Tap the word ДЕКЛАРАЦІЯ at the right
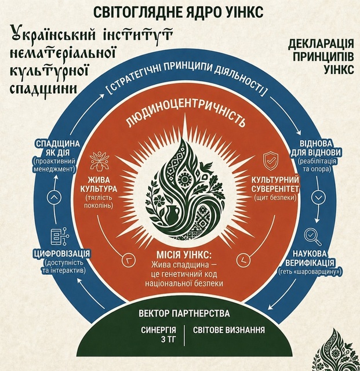(321, 44)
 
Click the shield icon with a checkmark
(270, 161)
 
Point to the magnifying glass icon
(312, 237)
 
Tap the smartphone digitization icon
(59, 236)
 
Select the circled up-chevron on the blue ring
(54, 197)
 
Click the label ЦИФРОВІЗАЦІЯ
(62, 254)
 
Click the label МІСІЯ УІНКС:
(184, 255)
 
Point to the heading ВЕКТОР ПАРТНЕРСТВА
(184, 313)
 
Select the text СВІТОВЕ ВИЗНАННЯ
(228, 330)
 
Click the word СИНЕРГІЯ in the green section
(159, 330)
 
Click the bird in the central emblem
(207, 166)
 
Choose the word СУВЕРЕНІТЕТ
(275, 189)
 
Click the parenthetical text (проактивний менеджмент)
(54, 165)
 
